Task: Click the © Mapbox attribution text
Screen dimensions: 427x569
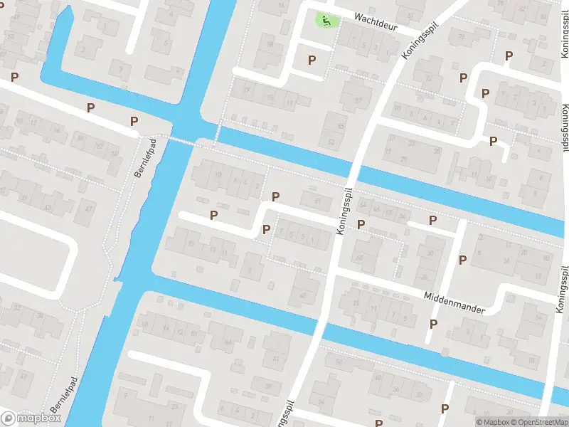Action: (x=493, y=422)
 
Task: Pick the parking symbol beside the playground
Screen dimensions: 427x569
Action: (x=312, y=60)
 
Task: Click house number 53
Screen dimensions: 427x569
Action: (x=331, y=142)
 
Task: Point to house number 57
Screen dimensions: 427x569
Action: (x=358, y=100)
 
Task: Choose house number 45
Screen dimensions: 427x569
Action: (x=302, y=295)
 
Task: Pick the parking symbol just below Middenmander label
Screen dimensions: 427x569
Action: (x=434, y=325)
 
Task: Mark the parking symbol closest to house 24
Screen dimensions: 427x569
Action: (x=432, y=221)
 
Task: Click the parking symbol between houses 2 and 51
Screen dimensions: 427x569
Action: (x=276, y=196)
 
